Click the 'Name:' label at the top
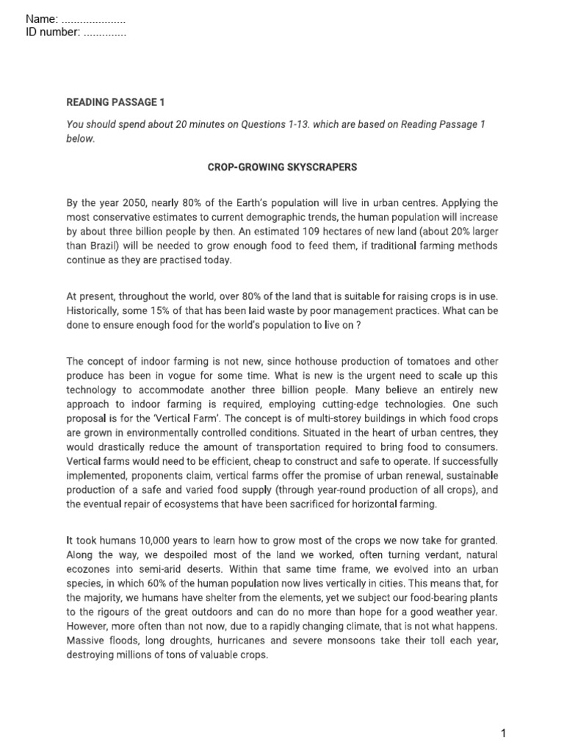point(42,18)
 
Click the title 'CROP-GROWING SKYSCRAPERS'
point(283,168)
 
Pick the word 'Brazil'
point(101,246)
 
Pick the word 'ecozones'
point(89,569)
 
